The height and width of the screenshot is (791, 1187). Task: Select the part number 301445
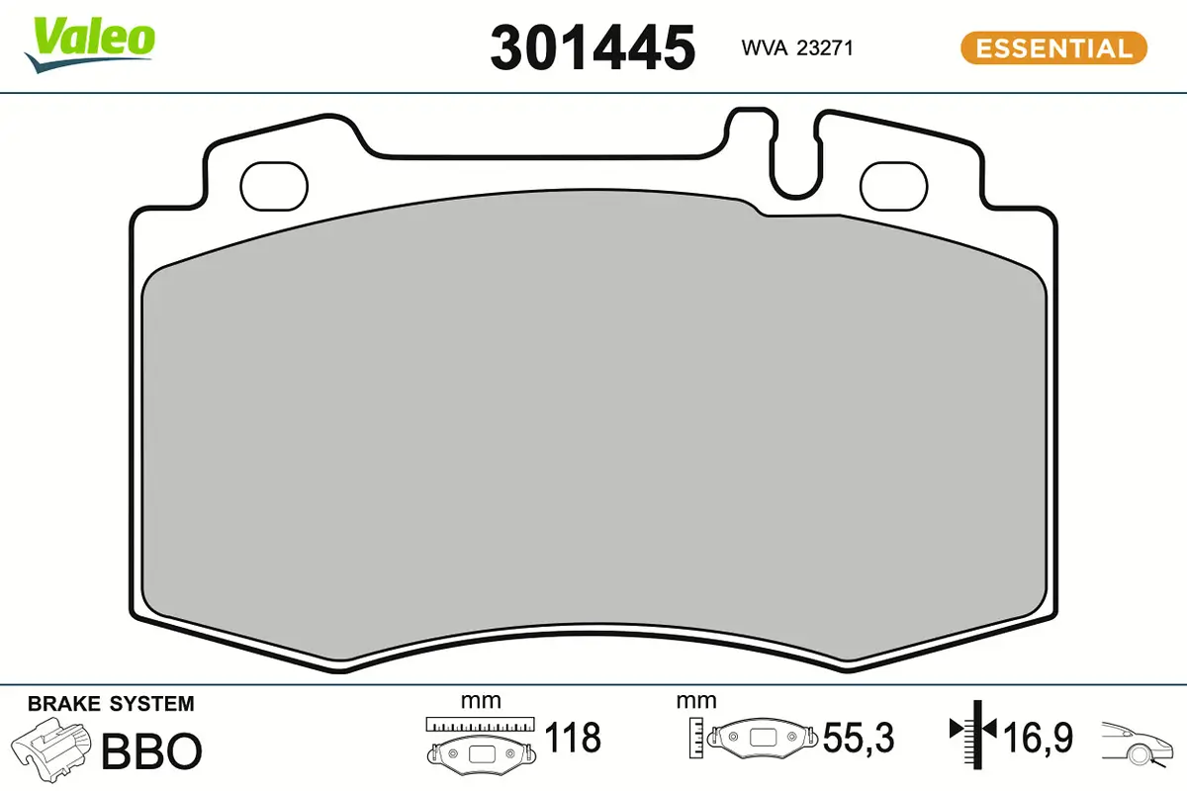click(x=593, y=46)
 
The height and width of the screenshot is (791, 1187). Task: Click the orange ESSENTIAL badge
click(x=1052, y=47)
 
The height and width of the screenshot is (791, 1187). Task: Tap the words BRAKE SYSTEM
click(x=111, y=705)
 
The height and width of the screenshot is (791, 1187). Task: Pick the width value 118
click(x=573, y=738)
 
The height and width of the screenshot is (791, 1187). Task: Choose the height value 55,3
click(x=857, y=738)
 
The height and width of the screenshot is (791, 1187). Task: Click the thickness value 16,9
click(x=1039, y=738)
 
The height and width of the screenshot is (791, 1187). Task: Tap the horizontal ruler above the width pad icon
click(x=480, y=724)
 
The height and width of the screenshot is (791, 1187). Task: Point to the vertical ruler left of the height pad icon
click(x=698, y=737)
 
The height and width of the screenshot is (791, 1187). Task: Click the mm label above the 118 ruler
click(x=481, y=701)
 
